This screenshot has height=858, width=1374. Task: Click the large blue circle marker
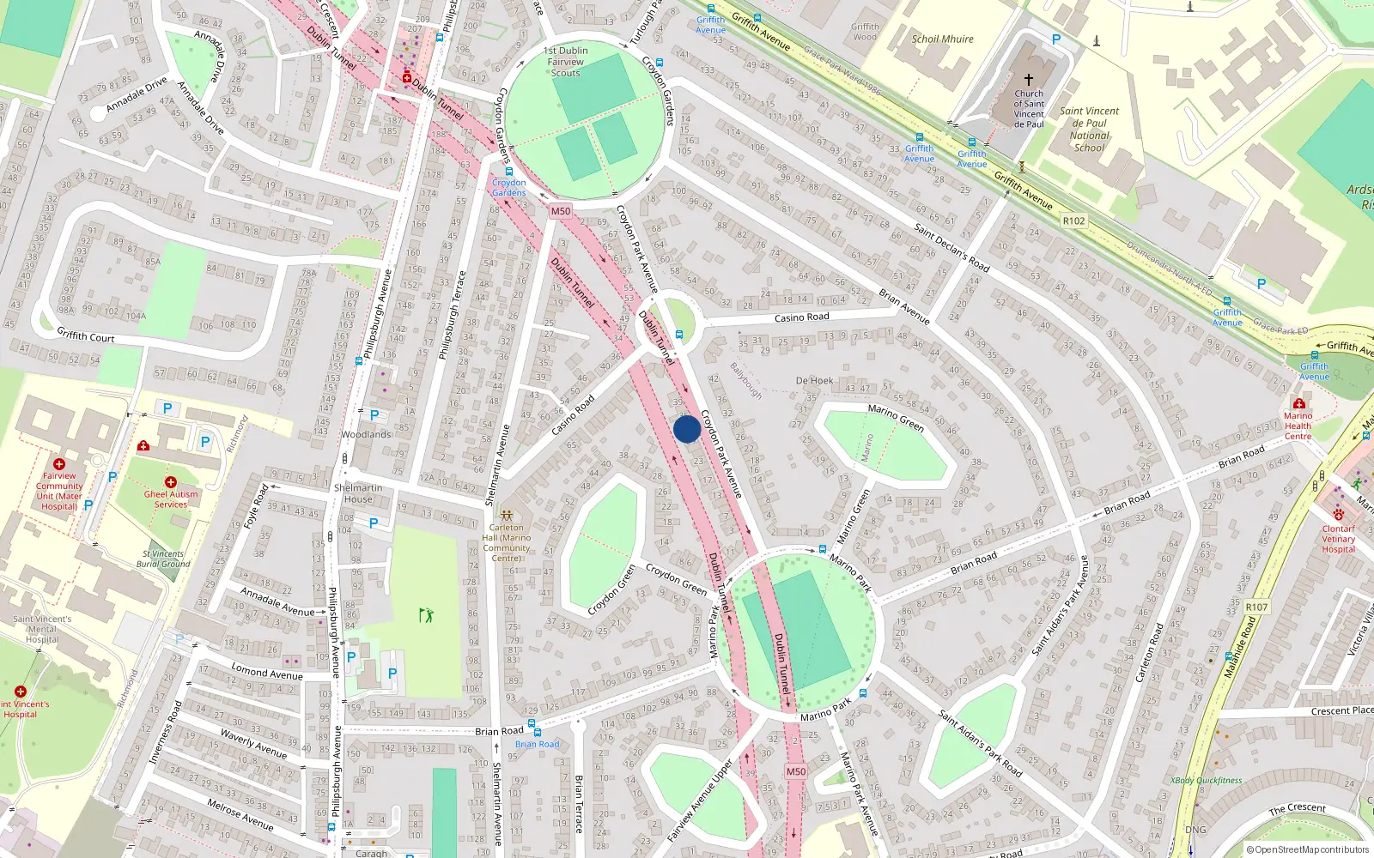[x=687, y=429]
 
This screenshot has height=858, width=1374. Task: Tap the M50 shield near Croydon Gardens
[x=560, y=211]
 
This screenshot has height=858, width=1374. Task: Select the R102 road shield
[x=1073, y=221]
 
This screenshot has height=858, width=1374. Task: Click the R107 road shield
[x=1256, y=607]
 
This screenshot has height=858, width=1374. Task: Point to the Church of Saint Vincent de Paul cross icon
[x=1029, y=79]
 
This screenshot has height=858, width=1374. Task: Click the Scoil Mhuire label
[x=942, y=39]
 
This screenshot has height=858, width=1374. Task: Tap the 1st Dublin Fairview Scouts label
[x=565, y=62]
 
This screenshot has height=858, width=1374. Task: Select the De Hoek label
[x=814, y=380]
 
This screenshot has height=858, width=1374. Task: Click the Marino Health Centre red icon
[x=1298, y=403]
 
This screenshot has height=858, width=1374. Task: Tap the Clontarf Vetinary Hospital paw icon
[x=1338, y=515]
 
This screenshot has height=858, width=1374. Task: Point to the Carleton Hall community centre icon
[x=507, y=515]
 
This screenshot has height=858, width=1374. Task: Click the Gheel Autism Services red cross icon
[x=171, y=482]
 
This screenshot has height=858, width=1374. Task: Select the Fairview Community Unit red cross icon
[x=59, y=463]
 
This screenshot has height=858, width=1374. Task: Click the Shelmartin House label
[x=358, y=493]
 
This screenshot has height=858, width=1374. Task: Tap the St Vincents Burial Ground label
[x=163, y=559]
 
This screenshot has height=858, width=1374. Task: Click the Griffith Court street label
[x=86, y=335]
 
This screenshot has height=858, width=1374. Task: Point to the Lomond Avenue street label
[x=266, y=670]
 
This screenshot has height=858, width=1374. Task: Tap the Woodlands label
[x=366, y=434]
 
